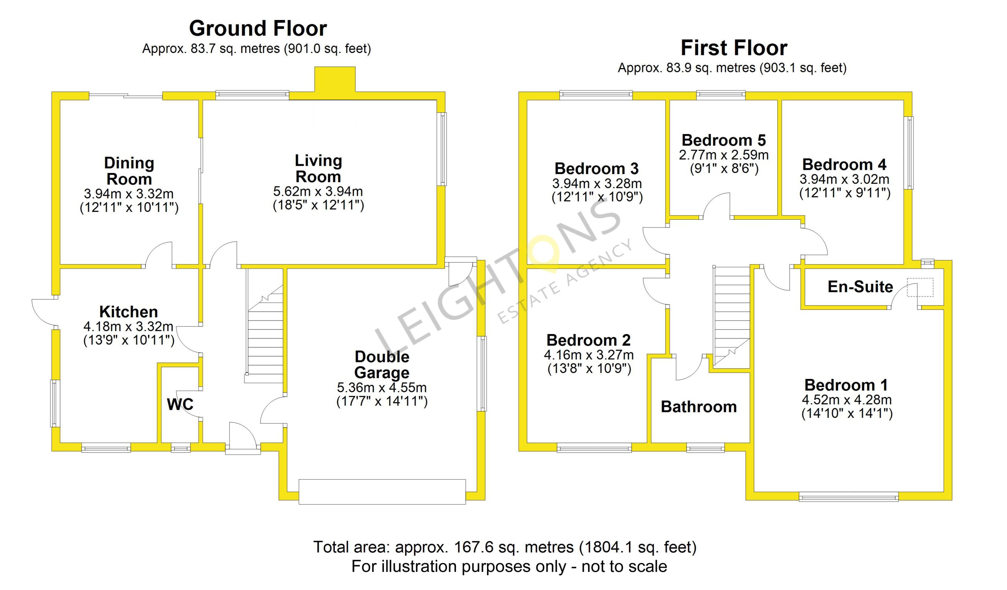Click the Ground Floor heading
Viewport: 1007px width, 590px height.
258,28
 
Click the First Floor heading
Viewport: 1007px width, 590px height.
734,48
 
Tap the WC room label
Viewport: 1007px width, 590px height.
180,404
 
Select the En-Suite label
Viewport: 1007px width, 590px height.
860,287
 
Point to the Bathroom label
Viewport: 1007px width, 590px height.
699,407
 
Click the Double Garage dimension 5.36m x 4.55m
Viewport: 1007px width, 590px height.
382,387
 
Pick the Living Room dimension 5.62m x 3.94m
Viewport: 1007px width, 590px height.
318,191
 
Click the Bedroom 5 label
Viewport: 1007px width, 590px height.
724,140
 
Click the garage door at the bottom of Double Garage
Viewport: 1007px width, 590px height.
382,492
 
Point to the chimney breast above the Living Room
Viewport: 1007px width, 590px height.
335,80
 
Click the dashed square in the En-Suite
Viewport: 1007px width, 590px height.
920,287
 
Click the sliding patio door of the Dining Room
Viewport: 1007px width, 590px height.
125,95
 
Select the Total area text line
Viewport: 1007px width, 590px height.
505,547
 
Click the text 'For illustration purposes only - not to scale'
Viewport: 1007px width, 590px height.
509,566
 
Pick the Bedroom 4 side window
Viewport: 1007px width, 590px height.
909,153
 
